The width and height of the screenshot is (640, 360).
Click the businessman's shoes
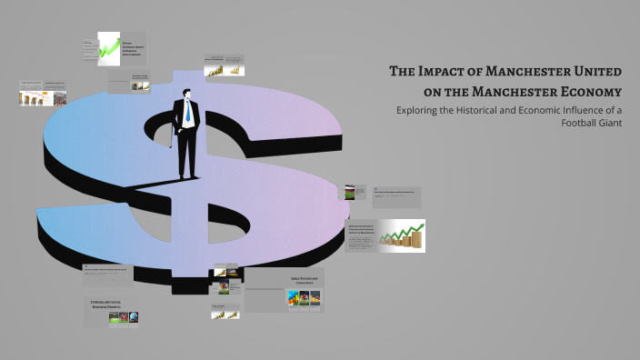(x=186, y=175)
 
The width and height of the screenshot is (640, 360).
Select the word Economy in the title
(x=591, y=91)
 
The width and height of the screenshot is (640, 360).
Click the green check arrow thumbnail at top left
(x=109, y=48)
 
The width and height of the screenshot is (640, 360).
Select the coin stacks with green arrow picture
(x=402, y=235)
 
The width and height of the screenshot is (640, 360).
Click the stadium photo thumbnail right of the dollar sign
(x=352, y=192)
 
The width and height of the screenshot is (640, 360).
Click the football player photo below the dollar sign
(x=223, y=288)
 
